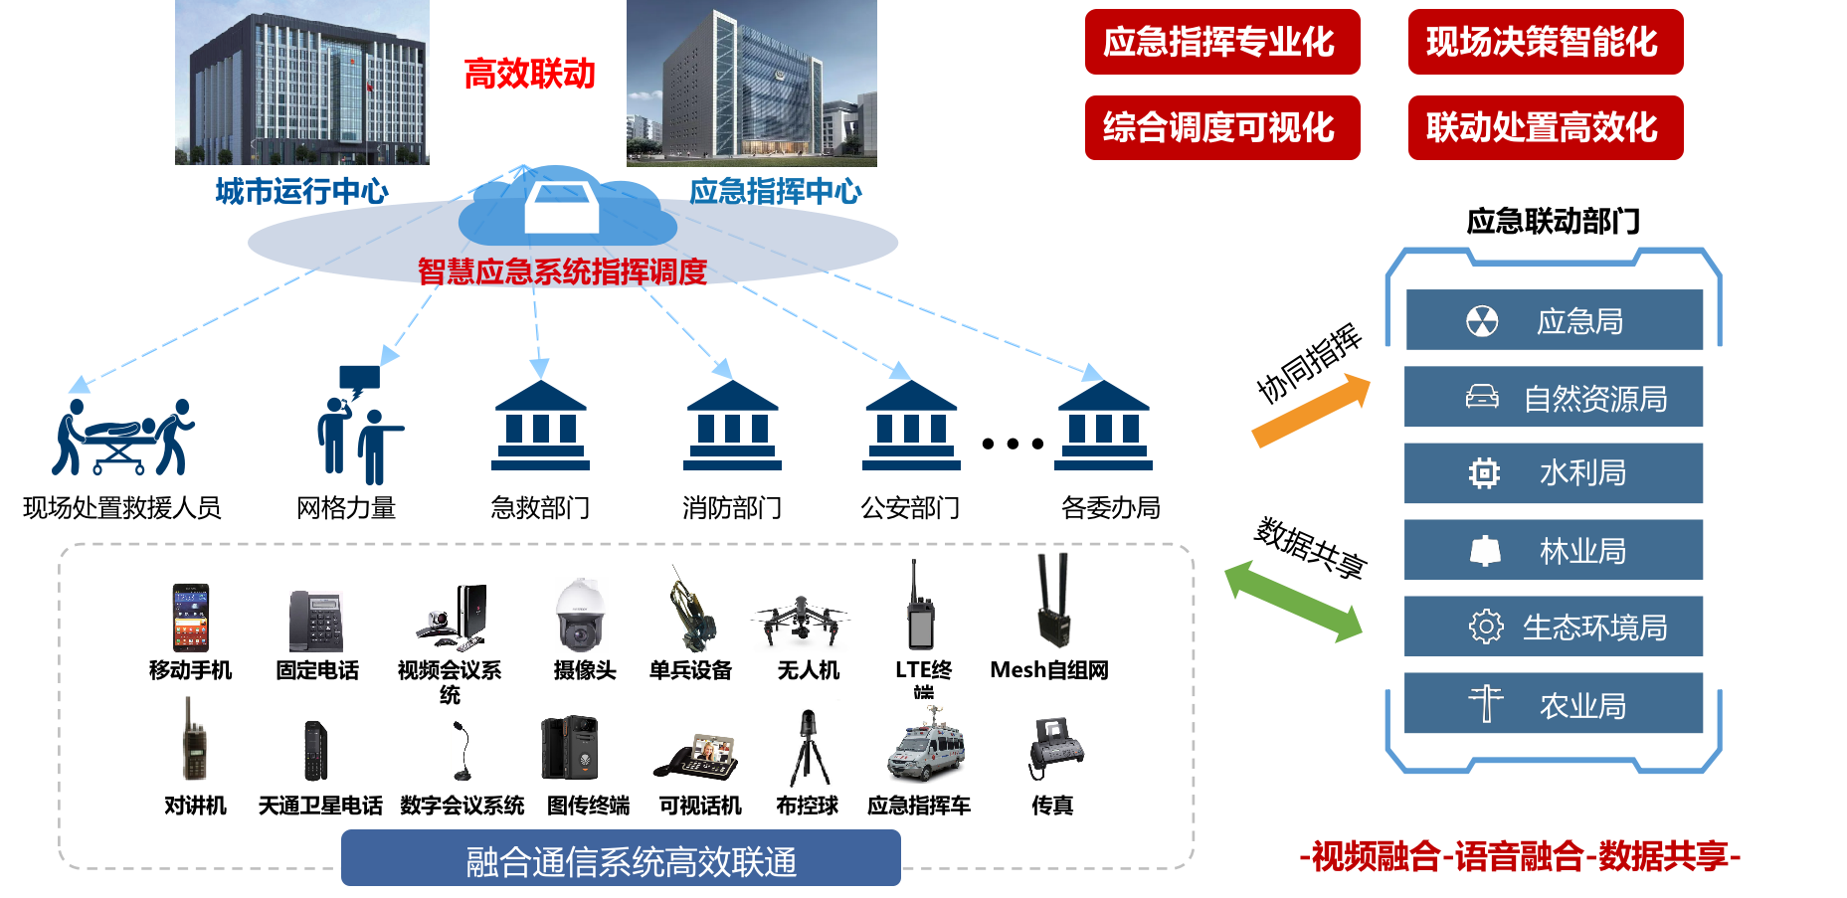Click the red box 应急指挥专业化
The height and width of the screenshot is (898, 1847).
click(1221, 42)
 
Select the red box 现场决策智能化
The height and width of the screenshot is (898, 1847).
click(1545, 42)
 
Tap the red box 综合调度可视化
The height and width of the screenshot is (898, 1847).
click(1221, 127)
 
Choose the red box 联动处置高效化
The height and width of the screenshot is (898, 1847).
click(1545, 127)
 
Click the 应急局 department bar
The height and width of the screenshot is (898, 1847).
click(1554, 320)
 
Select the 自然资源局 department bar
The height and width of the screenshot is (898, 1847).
click(1554, 397)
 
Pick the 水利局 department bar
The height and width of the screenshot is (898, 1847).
click(1554, 473)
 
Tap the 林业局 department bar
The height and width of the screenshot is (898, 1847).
click(1554, 550)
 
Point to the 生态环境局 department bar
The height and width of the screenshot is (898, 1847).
click(1554, 627)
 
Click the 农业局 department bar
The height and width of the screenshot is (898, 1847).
click(1554, 704)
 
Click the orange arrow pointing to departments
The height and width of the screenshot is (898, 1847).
click(1311, 410)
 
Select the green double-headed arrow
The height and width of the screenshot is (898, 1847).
click(1293, 601)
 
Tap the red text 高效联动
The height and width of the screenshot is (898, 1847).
click(529, 74)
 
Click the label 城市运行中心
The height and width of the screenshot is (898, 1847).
click(301, 191)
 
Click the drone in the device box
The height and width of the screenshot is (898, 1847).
click(800, 619)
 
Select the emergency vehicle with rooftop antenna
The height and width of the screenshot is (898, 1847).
click(932, 742)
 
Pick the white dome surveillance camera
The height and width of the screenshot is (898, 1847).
click(581, 616)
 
